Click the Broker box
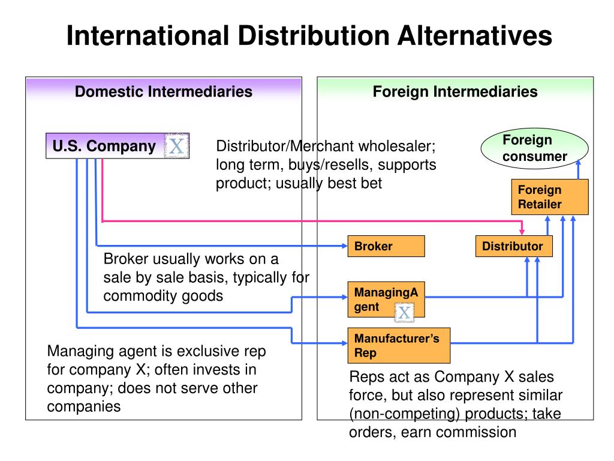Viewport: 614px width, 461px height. click(386, 246)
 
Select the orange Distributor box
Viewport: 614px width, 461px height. click(513, 246)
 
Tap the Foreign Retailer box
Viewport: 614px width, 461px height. click(549, 197)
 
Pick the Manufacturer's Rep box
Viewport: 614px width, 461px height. click(399, 346)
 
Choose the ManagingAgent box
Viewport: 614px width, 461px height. click(386, 299)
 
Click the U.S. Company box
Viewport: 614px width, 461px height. click(104, 146)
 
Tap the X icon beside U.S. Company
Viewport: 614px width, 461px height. click(177, 146)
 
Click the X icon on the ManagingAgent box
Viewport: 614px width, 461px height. click(405, 312)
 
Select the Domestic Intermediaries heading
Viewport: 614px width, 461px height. click(163, 92)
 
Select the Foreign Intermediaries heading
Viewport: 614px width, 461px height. click(455, 92)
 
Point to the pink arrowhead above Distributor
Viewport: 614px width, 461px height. click(522, 231)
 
